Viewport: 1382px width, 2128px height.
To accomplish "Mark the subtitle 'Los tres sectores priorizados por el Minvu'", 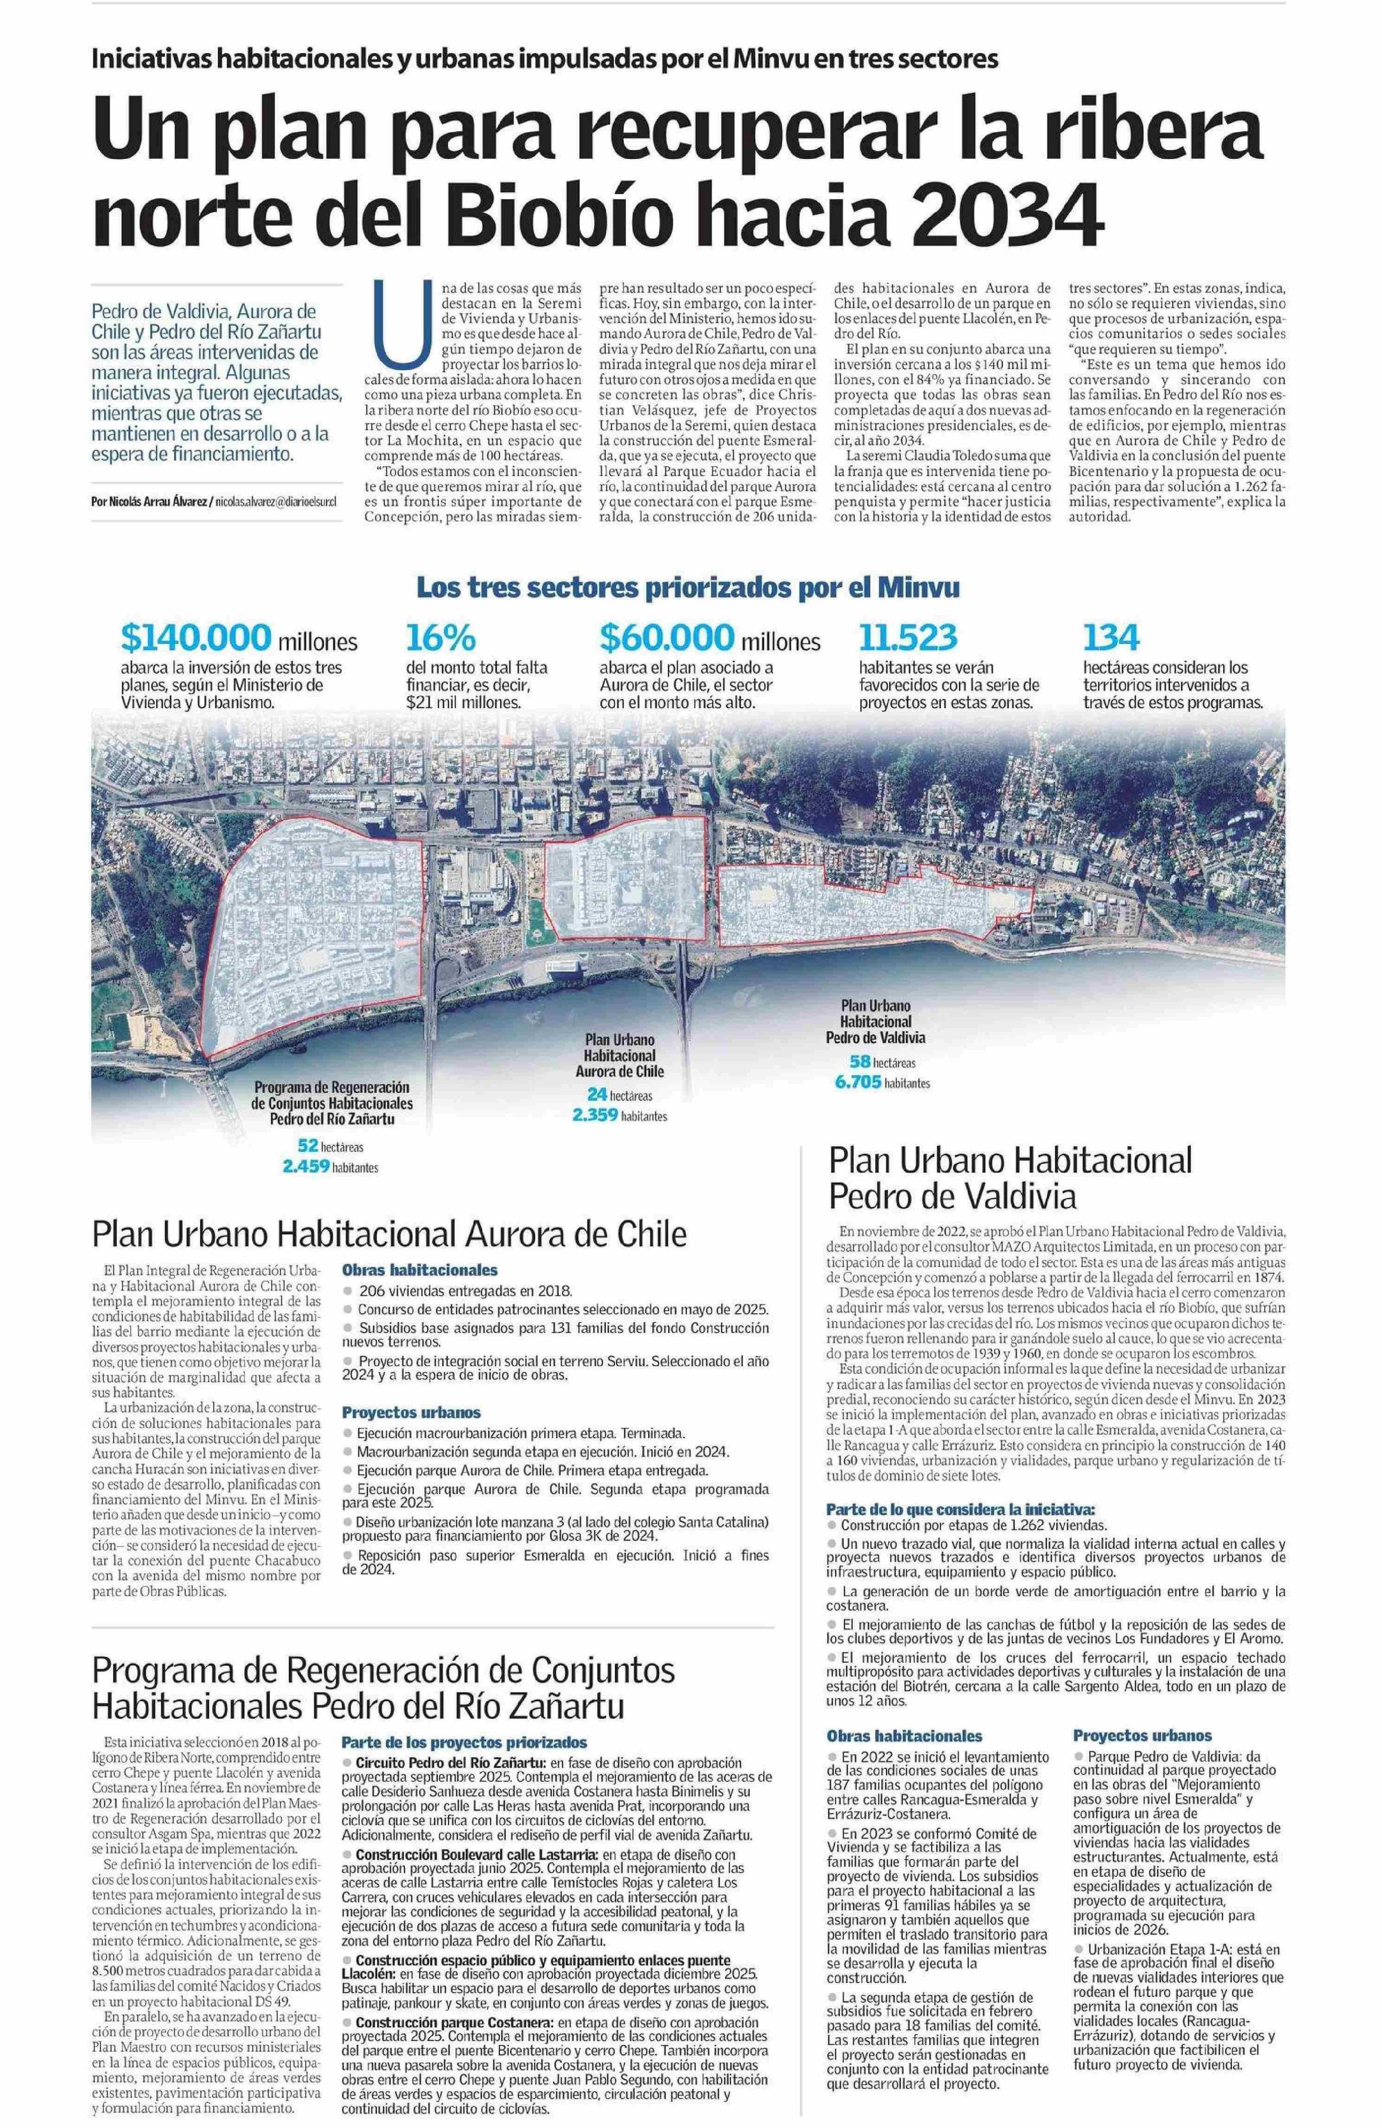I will pyautogui.click(x=689, y=589).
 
